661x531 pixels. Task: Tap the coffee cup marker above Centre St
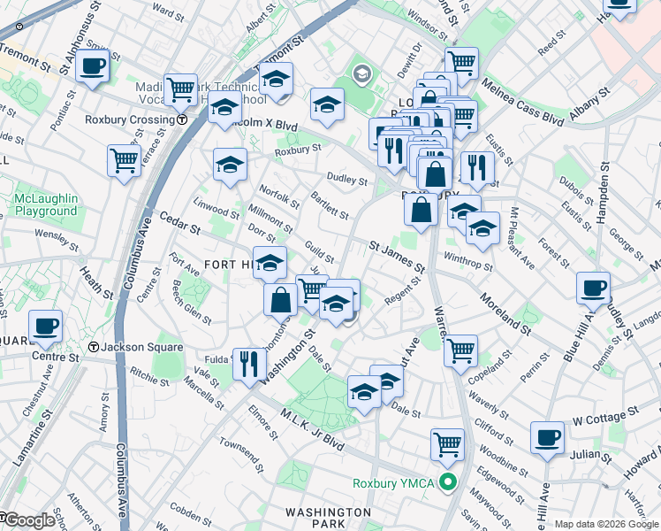[x=45, y=326]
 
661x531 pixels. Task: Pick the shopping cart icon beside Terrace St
[x=124, y=160]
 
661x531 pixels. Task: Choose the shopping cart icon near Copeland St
[x=461, y=350]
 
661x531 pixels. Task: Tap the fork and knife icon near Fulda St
[x=249, y=363]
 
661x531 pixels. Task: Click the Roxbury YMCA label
[x=395, y=483]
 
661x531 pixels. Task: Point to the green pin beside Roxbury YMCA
[x=448, y=483]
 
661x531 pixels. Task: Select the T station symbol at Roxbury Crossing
[x=181, y=119]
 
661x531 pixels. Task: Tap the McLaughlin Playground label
[x=46, y=205]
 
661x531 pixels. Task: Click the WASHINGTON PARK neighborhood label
[x=329, y=518]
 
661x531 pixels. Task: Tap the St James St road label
[x=397, y=252]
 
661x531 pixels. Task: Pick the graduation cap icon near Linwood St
[x=230, y=164]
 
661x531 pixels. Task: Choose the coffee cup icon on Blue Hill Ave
[x=593, y=288]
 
